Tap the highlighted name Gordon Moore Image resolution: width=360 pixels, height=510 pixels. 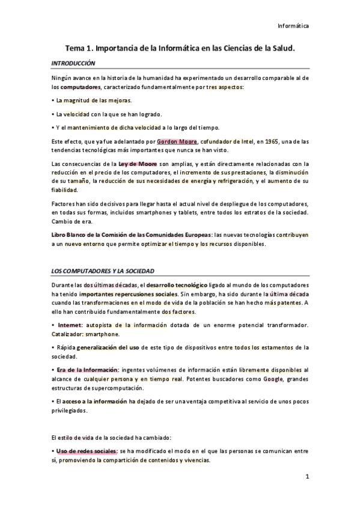pos(175,142)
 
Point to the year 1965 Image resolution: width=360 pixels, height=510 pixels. pos(272,142)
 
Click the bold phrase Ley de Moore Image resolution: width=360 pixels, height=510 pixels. pos(137,164)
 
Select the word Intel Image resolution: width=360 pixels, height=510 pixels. pos(247,142)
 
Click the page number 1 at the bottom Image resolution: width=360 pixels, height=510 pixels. pos(307,478)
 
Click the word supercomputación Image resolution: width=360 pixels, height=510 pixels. pos(127,389)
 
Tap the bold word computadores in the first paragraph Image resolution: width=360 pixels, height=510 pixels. pos(79,88)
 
